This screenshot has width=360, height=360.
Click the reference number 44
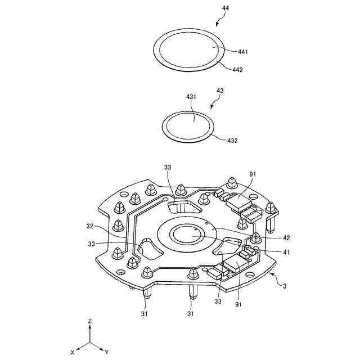[x=225, y=8]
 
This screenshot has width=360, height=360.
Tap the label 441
[x=242, y=52]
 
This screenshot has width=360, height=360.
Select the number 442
[x=237, y=70]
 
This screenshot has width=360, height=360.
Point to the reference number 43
[x=220, y=91]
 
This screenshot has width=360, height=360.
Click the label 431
[x=191, y=97]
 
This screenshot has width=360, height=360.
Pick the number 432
[x=232, y=140]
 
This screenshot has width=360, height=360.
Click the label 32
[x=90, y=226]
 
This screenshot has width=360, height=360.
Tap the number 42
[x=286, y=237]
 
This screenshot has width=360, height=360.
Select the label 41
[x=286, y=253]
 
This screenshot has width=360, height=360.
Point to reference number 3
[x=285, y=286]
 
